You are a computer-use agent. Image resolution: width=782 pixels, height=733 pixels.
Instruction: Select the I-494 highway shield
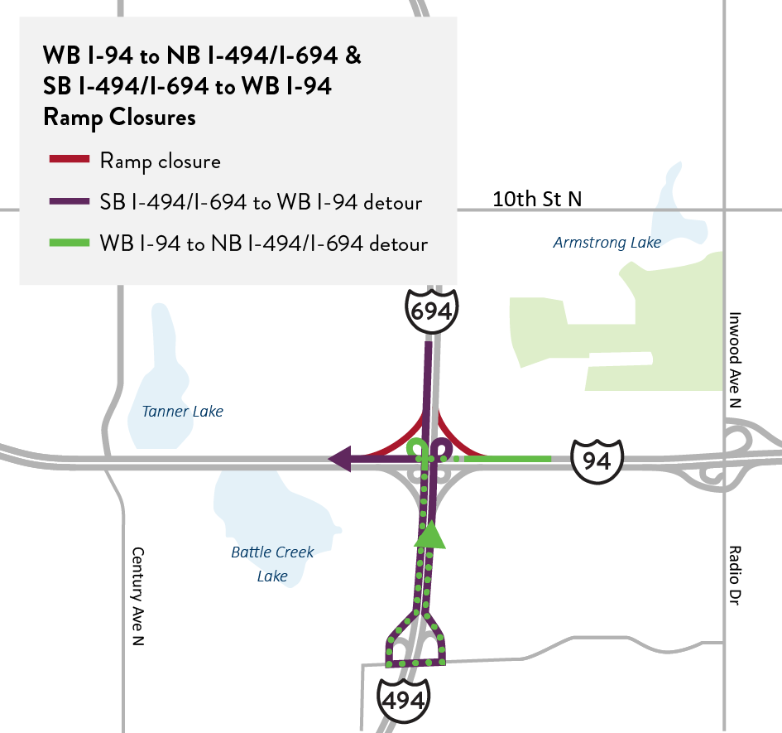405,698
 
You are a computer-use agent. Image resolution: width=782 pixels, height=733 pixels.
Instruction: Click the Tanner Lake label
182,412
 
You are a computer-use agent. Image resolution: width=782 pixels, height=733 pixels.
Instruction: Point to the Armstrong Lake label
607,243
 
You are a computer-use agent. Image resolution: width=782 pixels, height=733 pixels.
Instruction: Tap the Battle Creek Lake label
272,564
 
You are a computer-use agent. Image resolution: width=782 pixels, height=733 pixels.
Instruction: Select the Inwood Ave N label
733,359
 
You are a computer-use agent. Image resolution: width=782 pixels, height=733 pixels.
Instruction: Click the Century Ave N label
137,597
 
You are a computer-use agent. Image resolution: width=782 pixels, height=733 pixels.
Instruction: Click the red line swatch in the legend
70,159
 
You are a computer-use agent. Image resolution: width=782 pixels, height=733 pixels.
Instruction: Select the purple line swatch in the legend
70,201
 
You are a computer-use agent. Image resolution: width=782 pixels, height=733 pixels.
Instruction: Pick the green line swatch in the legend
70,244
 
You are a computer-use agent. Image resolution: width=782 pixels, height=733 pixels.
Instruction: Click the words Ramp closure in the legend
160,160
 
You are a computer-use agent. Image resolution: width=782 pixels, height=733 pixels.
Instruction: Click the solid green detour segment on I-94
509,457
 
